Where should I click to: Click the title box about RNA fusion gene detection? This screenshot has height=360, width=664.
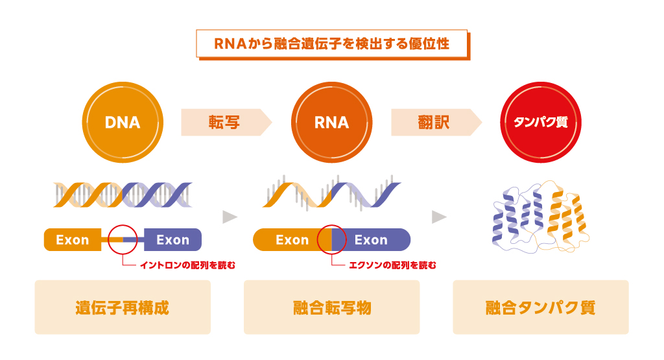pos(333,44)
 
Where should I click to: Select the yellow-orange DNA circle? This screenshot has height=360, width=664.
pos(123,123)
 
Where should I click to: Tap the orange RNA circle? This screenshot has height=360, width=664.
pos(331,123)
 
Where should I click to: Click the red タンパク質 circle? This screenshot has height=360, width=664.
pos(541,123)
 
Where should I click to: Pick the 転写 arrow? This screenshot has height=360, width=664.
pos(226,123)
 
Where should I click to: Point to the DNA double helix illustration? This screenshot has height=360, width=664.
pos(123,195)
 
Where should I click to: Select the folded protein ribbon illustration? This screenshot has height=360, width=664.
pos(541,217)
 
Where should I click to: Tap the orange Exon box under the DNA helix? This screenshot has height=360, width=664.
pos(73,240)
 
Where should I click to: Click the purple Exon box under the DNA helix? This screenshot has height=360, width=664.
pos(172,240)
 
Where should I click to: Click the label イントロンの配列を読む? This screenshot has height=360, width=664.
pos(187,265)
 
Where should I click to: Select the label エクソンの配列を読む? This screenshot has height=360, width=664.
pos(392,265)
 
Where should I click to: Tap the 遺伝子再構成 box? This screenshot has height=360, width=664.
pos(123,307)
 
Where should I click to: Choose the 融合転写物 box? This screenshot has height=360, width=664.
pos(331,307)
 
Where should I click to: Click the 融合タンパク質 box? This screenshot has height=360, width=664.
pos(541,307)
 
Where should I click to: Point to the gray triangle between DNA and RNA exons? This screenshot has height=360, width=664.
pos(230,217)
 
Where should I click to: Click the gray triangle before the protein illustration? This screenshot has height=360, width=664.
pos(439,217)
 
